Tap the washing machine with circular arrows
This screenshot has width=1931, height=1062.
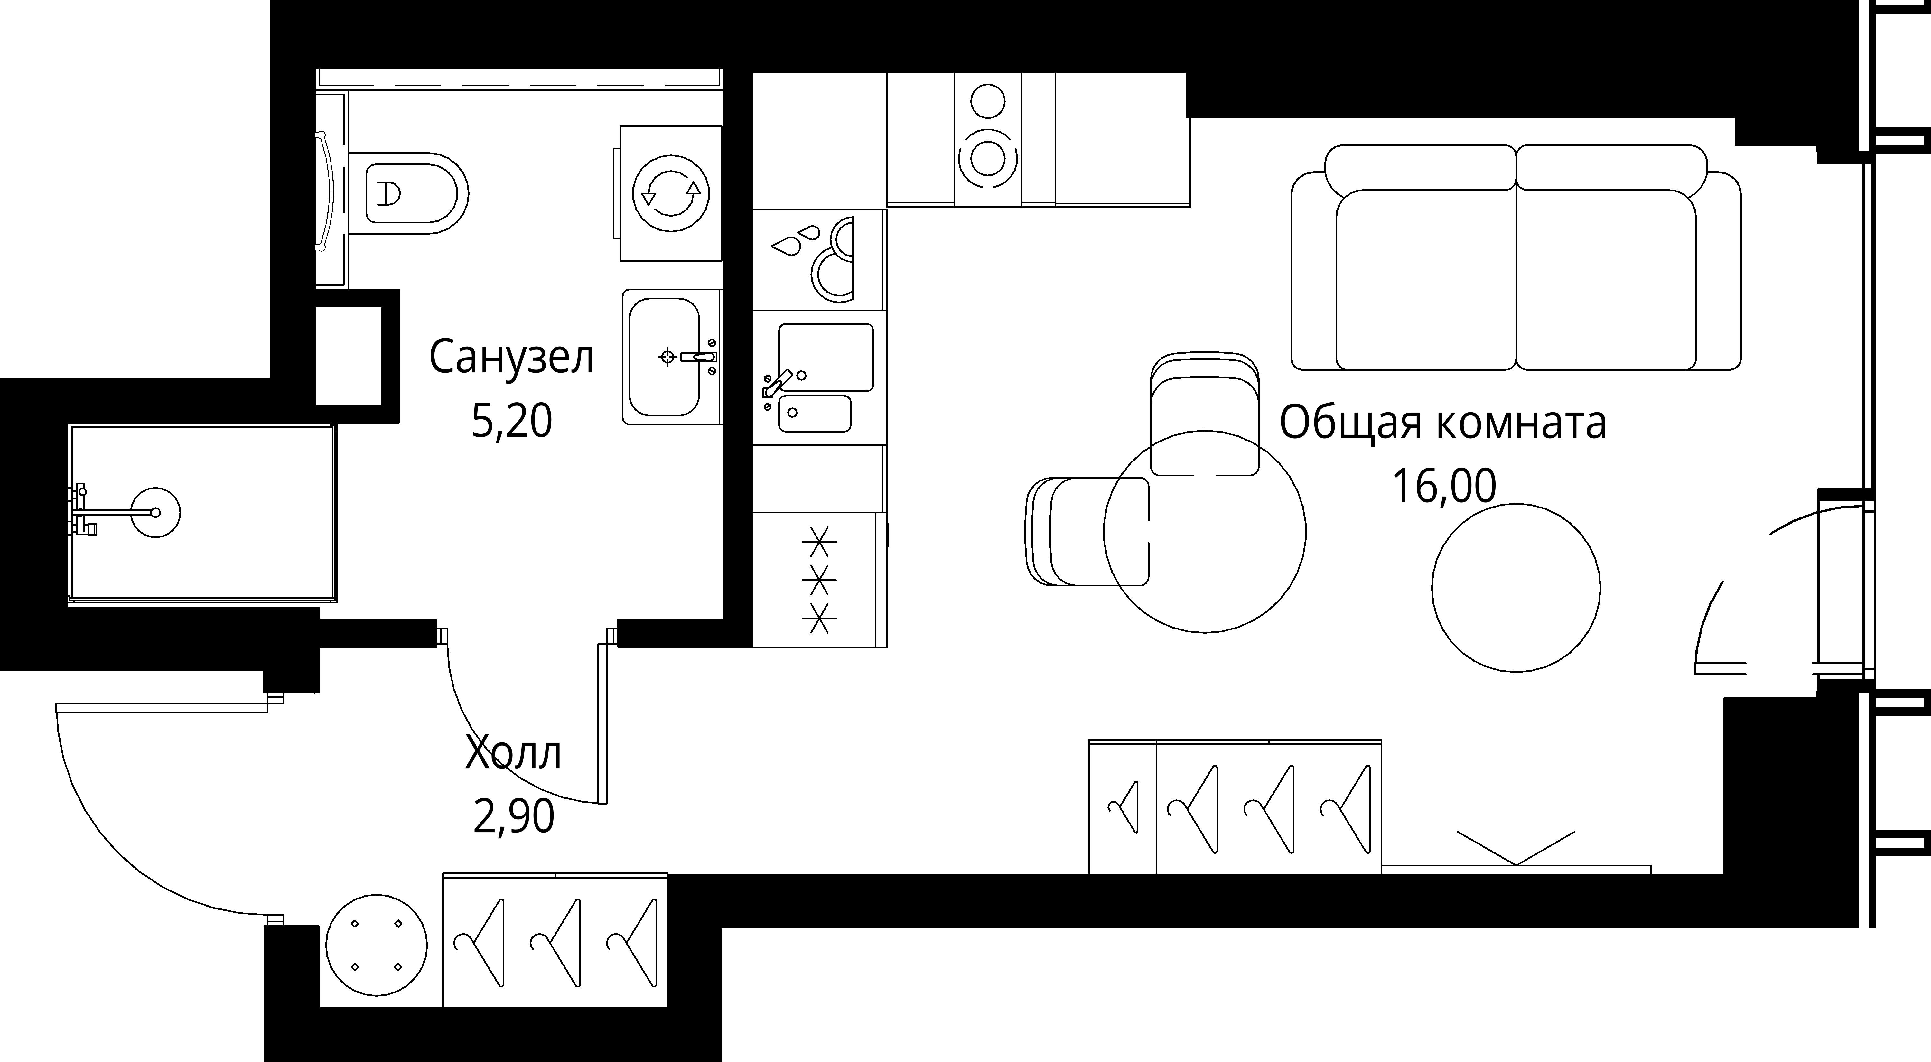click(671, 193)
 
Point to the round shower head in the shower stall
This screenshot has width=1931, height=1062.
click(156, 513)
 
